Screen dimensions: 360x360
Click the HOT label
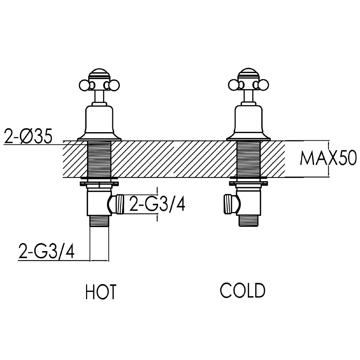tap(101, 292)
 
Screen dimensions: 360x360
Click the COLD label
tap(243, 291)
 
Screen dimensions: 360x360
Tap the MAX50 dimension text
tap(328, 158)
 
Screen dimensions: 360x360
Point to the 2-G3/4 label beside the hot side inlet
tap(157, 204)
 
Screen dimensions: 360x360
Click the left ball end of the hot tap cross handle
tap(84, 85)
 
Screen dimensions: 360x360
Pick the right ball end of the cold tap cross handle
tap(264, 85)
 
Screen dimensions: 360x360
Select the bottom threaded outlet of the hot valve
tap(99, 221)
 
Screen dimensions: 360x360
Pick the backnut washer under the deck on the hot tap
tap(99, 179)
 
